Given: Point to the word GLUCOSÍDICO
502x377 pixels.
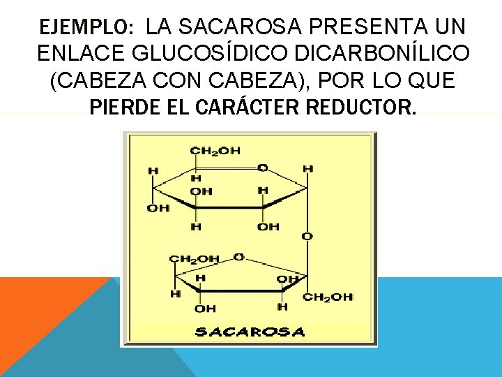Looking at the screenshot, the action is [x=201, y=54].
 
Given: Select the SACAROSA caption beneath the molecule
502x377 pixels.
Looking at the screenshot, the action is [x=250, y=332].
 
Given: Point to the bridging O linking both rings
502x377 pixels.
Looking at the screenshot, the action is [x=307, y=237].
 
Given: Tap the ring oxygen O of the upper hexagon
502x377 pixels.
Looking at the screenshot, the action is [x=262, y=168].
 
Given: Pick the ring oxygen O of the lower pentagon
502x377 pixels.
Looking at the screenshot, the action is [x=238, y=257].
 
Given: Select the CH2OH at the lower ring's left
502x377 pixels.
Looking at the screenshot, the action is [x=194, y=259].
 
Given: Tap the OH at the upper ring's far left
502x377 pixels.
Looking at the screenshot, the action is [x=158, y=208].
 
